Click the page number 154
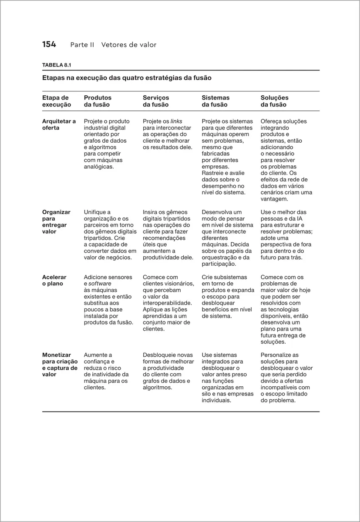coord(49,44)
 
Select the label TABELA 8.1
coord(56,65)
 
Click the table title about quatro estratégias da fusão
coord(127,78)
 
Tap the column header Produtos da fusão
coord(98,101)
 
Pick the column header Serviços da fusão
coord(156,101)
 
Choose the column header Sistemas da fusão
coord(215,101)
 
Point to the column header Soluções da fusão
coord(274,101)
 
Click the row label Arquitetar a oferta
coord(59,124)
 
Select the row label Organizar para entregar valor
coord(56,222)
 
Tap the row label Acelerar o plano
coord(54,281)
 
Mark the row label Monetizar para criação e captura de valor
coord(60,365)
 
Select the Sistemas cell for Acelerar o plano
coord(228,297)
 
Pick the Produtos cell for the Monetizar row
coord(106,371)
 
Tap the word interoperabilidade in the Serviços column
coord(167,303)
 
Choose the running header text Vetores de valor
coord(129,45)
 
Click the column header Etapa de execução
coord(56,101)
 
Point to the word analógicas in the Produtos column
coord(98,167)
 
